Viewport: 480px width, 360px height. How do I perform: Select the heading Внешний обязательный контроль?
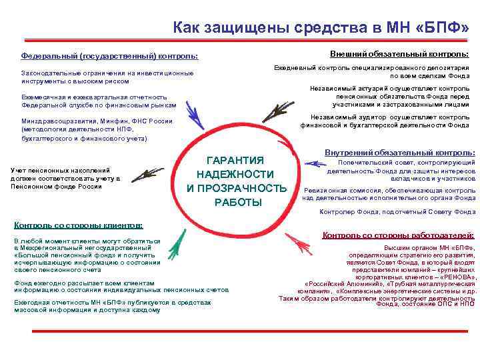coord(399,53)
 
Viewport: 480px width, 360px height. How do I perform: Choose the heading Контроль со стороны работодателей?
coord(398,235)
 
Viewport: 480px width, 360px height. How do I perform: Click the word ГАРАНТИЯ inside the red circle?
coord(236,160)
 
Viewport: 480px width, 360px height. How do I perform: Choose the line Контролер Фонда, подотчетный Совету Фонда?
coord(397,212)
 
